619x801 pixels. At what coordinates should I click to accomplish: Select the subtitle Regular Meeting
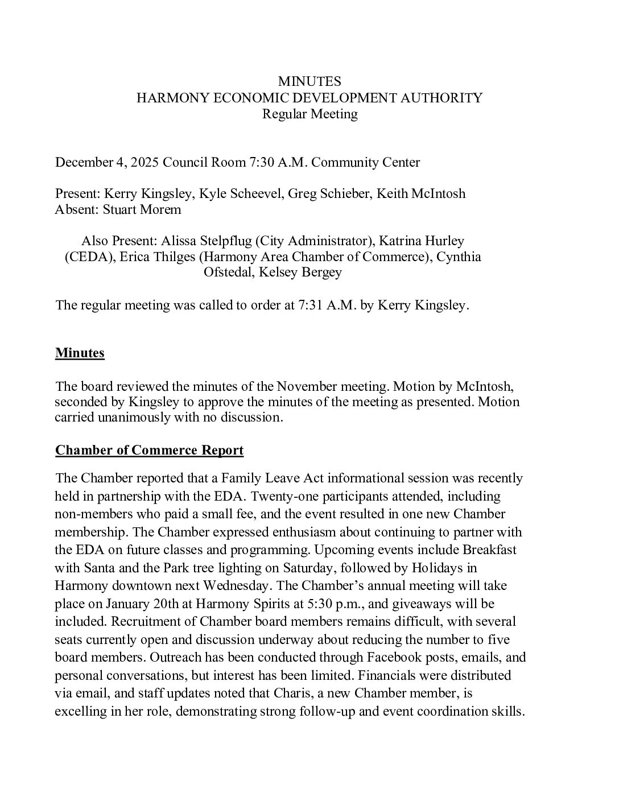[309, 114]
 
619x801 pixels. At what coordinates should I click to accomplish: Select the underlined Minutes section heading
[80, 353]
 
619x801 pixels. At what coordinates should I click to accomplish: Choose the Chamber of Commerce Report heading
[149, 451]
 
